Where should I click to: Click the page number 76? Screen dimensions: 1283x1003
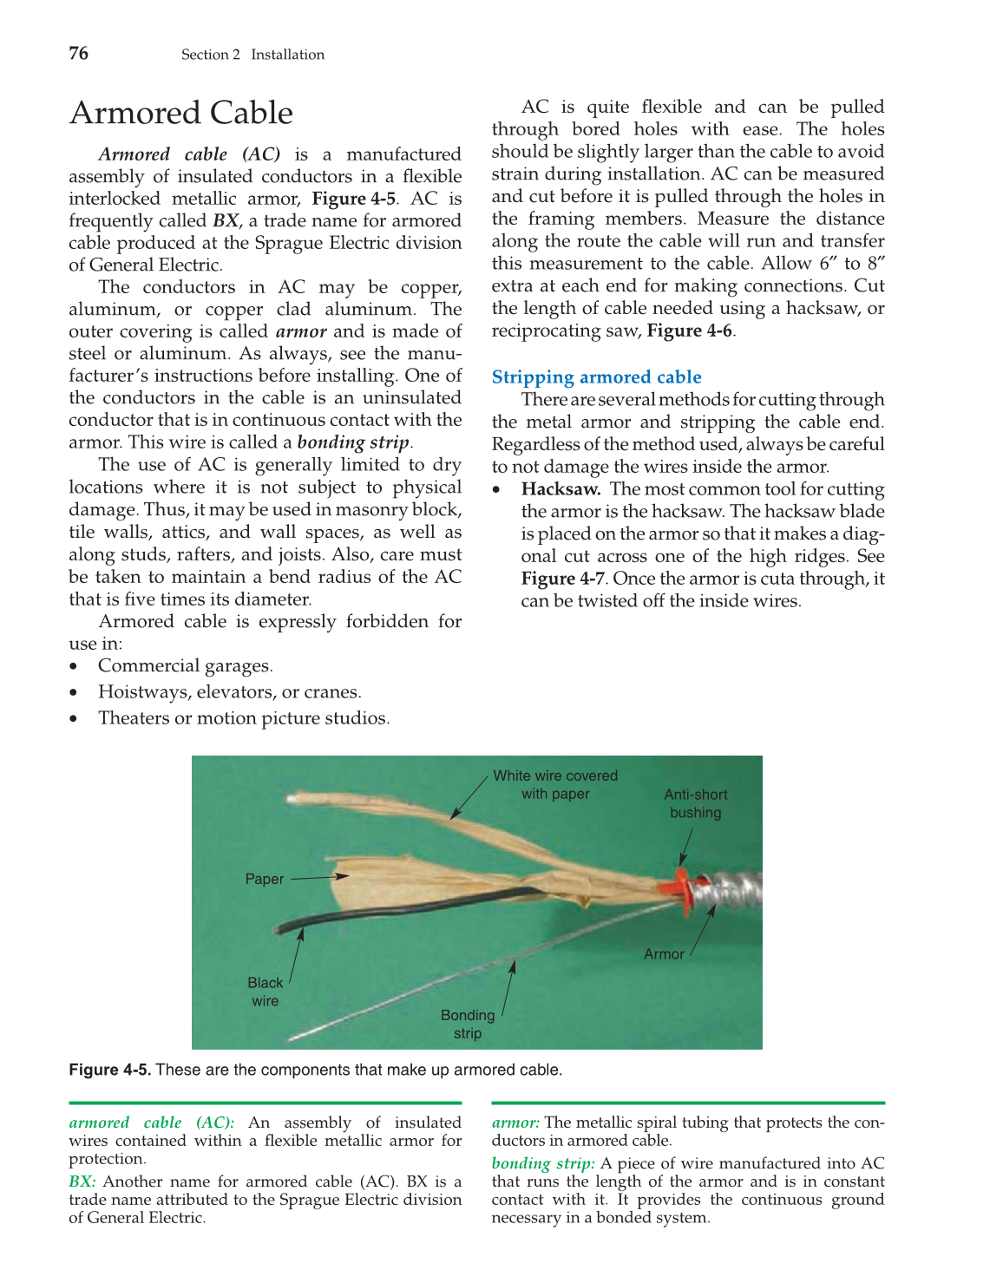[78, 54]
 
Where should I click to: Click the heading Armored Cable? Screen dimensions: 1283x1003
[181, 113]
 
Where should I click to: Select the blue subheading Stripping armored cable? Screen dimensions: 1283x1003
[596, 376]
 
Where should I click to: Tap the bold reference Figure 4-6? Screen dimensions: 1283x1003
[689, 331]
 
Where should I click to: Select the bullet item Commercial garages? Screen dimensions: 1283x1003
[185, 665]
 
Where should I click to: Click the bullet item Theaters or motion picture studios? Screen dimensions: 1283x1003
[244, 717]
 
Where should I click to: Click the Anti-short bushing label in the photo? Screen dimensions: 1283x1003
[695, 803]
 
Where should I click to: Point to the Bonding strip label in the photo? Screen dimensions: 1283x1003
[468, 1024]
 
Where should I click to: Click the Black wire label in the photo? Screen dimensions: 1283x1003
[265, 992]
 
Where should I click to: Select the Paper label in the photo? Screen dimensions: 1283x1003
[264, 879]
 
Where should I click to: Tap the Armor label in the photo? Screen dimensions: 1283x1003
[664, 953]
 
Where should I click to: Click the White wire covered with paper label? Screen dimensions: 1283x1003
[555, 784]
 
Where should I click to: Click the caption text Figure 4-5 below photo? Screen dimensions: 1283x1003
[109, 1070]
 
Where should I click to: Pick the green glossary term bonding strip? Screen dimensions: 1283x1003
[543, 1163]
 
